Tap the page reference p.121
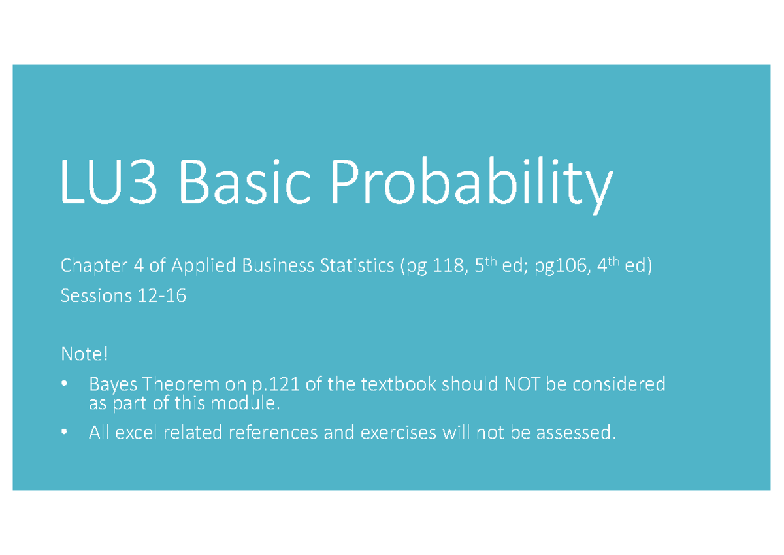click(274, 385)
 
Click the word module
click(252, 404)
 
